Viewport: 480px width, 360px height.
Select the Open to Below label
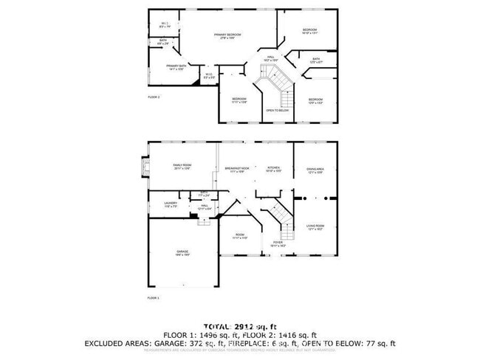276,111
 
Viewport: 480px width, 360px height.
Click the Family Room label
182,166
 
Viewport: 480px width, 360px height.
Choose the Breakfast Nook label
237,169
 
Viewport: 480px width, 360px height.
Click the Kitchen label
272,169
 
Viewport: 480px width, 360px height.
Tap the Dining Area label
315,170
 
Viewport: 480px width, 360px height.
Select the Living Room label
316,227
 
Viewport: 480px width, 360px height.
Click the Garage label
182,252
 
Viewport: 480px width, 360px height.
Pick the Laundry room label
171,204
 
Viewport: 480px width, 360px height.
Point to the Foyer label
278,243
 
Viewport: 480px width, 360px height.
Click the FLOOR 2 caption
154,97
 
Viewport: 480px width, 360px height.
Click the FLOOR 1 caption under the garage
154,297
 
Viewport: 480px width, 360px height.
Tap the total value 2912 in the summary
247,325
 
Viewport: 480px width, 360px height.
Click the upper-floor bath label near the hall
316,60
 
